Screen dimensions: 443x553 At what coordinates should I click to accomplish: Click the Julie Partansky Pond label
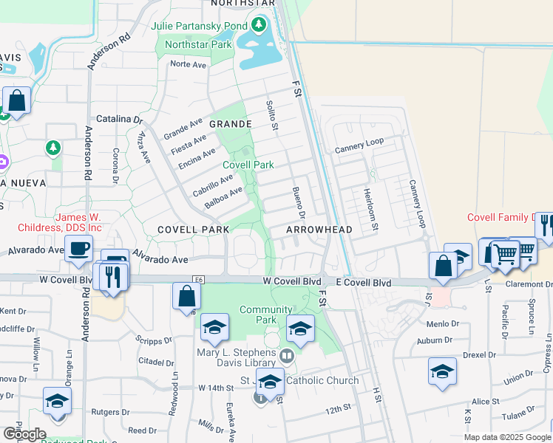(199, 27)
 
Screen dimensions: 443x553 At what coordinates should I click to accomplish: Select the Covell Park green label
(248, 165)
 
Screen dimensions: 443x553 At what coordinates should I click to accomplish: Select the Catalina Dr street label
(119, 119)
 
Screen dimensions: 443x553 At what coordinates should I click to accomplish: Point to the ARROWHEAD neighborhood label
(319, 230)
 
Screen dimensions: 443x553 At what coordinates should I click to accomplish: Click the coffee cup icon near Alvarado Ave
(79, 249)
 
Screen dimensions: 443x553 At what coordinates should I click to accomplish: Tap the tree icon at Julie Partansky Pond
(258, 27)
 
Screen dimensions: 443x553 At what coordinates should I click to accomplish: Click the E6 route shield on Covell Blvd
(197, 280)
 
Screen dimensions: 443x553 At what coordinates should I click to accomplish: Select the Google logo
(24, 434)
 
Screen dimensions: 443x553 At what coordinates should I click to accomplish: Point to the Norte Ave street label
(188, 64)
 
